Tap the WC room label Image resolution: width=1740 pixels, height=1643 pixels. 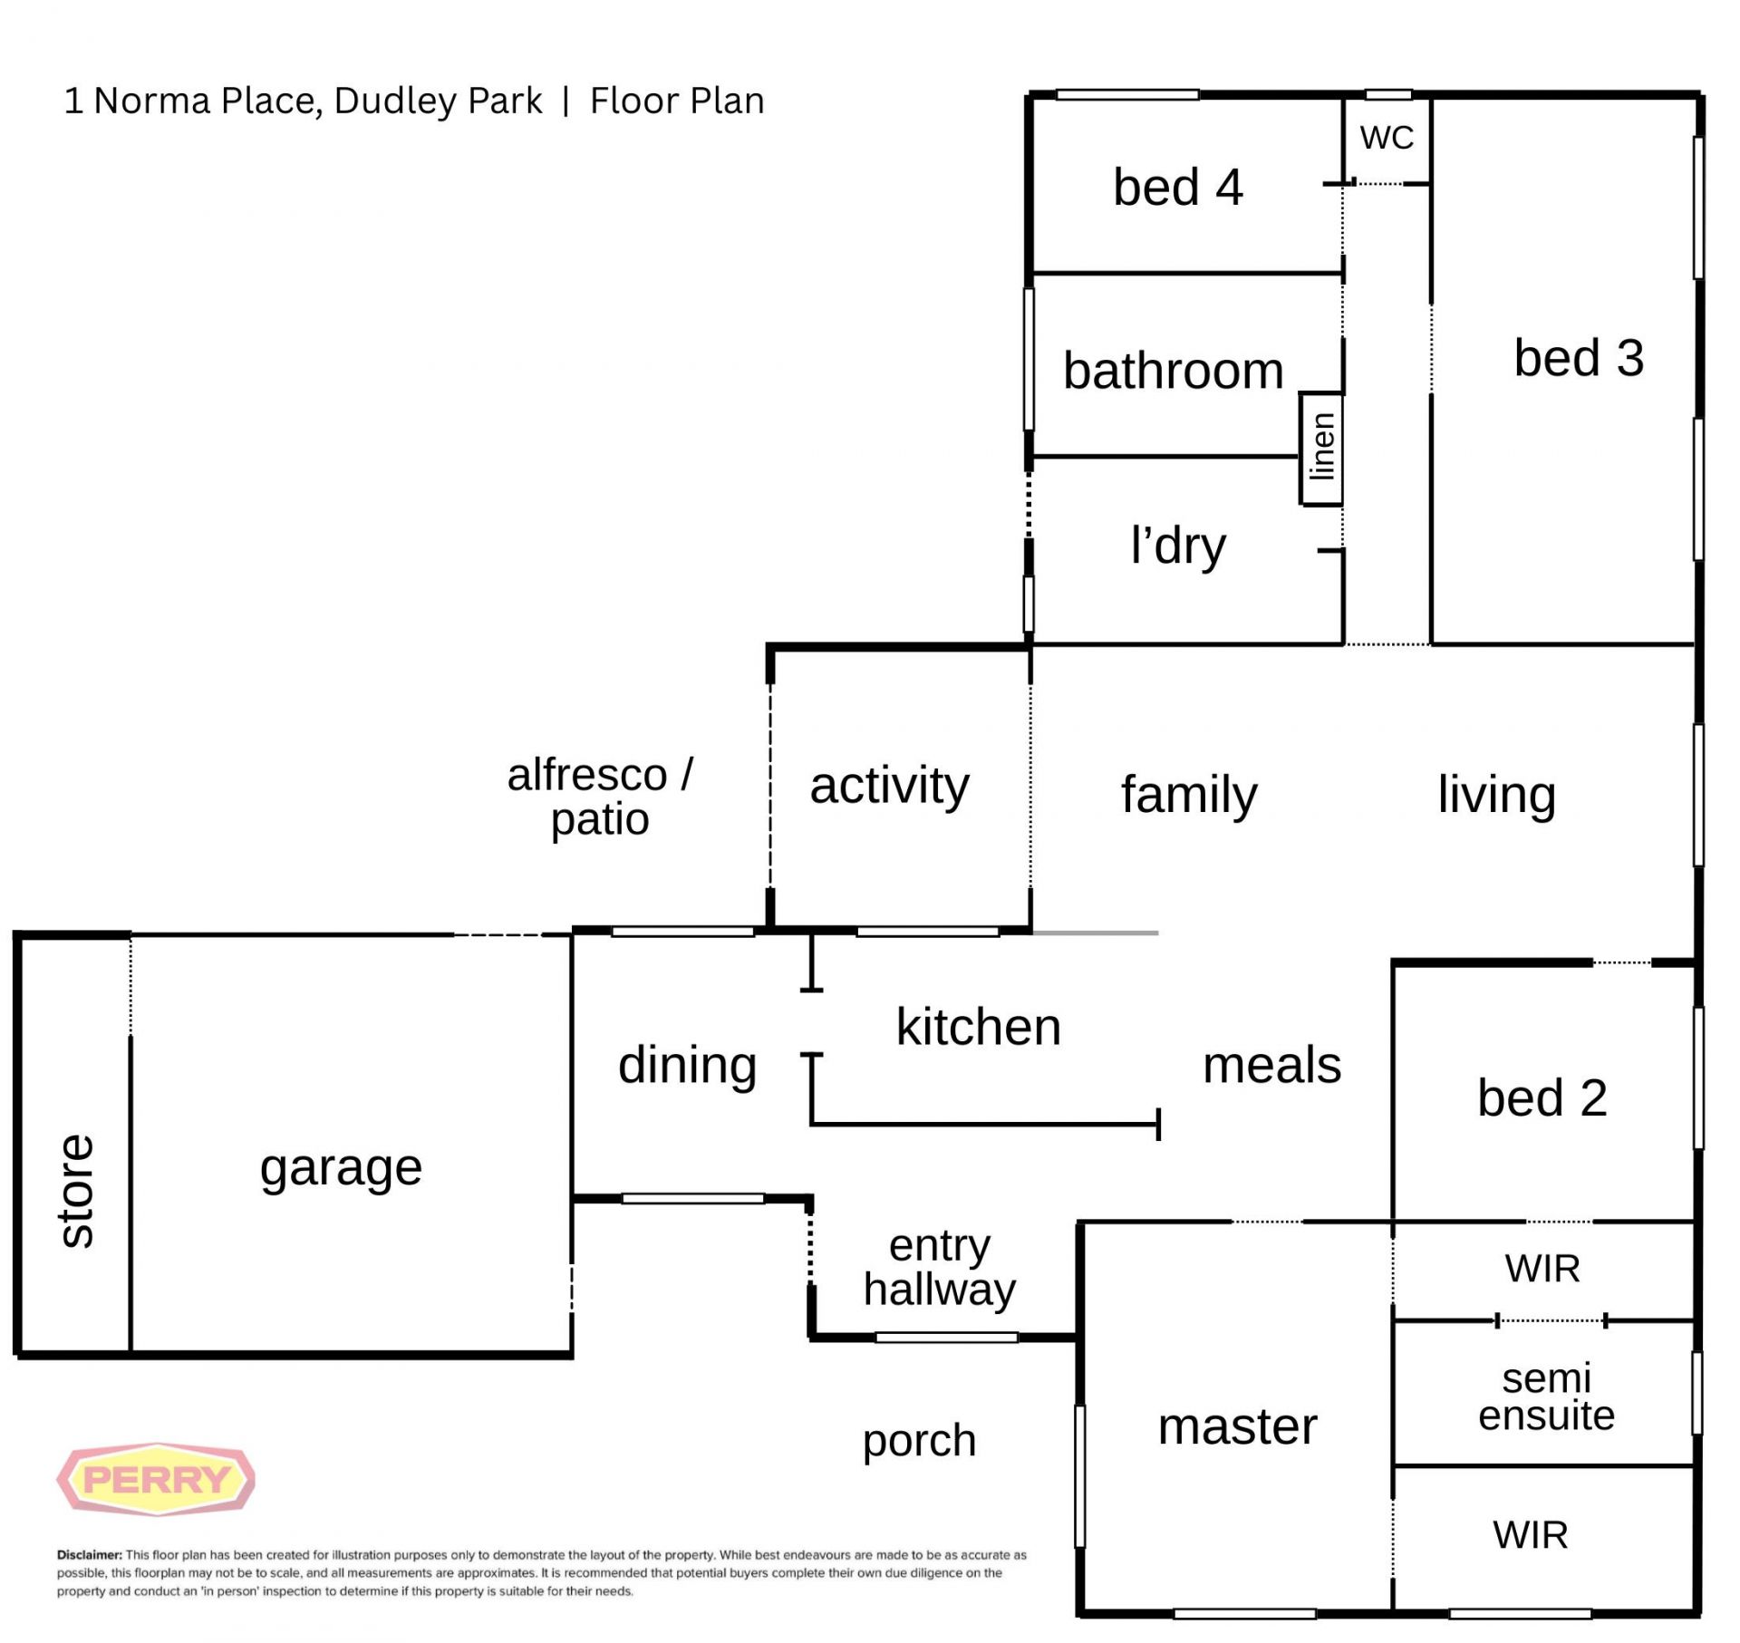pyautogui.click(x=1387, y=138)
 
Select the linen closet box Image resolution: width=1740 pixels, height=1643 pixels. pyautogui.click(x=1321, y=448)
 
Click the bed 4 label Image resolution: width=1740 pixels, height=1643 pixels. pyautogui.click(x=1178, y=188)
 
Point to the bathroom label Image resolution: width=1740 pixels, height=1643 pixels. pyautogui.click(x=1174, y=371)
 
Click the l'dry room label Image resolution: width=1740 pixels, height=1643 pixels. pyautogui.click(x=1178, y=546)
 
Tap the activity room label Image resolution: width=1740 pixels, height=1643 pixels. pyautogui.click(x=889, y=786)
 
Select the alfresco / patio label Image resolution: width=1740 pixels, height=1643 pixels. pyautogui.click(x=600, y=797)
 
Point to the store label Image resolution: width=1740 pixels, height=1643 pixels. pyautogui.click(x=76, y=1191)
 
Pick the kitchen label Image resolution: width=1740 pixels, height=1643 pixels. pyautogui.click(x=979, y=1027)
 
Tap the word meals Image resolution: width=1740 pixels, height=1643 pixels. pyautogui.click(x=1271, y=1065)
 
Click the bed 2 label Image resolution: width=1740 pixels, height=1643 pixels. pyautogui.click(x=1542, y=1097)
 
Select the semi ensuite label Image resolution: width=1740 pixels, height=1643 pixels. pyautogui.click(x=1547, y=1397)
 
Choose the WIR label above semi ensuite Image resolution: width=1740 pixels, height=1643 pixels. pyautogui.click(x=1542, y=1269)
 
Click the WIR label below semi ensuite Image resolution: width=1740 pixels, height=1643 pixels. pyautogui.click(x=1531, y=1535)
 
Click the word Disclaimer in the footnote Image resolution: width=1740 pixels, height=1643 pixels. pyautogui.click(x=89, y=1555)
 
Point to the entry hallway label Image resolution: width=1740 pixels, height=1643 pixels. pyautogui.click(x=940, y=1269)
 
